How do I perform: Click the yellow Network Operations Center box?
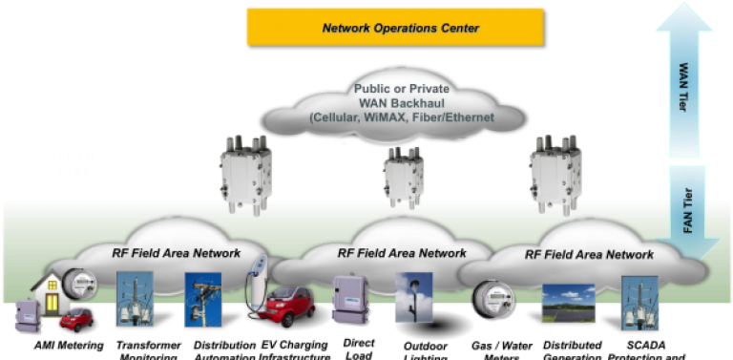[x=399, y=27]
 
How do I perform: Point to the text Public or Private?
[x=407, y=89]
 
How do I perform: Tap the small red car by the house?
[x=75, y=318]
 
